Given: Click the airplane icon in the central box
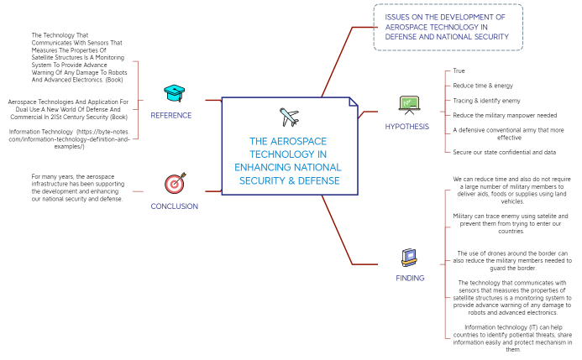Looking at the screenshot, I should pos(290,116).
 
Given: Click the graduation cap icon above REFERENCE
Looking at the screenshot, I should pos(173,93).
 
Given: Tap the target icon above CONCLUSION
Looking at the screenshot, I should pos(175,183).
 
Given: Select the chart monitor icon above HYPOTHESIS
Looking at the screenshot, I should pos(409,105).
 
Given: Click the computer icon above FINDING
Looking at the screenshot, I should pos(409,256).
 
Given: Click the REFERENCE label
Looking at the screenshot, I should pos(171,116).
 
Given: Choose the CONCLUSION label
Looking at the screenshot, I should pos(175,206).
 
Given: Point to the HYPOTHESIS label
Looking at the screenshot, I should pos(406,128).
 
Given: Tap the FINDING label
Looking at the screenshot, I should pos(410,278).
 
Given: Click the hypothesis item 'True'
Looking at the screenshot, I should pos(459,71).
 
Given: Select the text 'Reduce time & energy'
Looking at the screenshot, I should pos(483,86).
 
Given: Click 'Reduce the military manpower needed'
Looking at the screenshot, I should pos(505,115).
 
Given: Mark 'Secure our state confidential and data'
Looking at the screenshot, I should pos(505,152).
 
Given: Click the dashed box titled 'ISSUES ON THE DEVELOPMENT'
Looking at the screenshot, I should pos(448,27).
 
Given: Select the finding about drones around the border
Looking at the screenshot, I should pos(511,260).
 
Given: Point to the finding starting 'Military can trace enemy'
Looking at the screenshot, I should pos(511,223).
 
